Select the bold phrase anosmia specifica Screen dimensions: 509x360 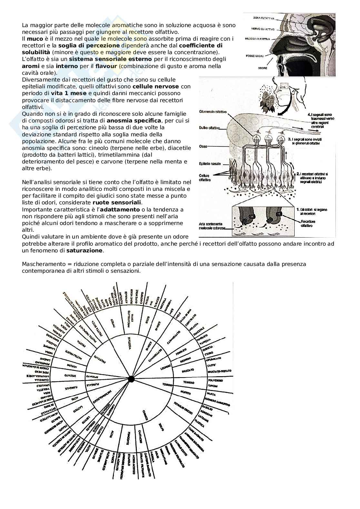point(134,121)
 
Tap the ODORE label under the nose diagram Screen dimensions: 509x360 point(263,68)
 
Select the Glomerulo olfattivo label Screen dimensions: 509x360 point(213,112)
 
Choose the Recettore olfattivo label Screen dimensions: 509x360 point(308,224)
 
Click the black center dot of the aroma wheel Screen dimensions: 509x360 point(131,379)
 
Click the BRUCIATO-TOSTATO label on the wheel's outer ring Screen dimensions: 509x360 point(218,371)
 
